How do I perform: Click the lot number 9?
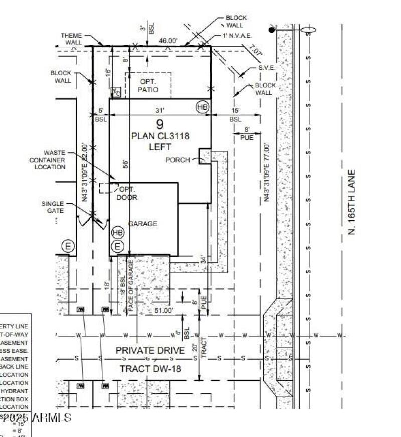(x=159, y=125)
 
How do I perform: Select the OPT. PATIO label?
(x=148, y=86)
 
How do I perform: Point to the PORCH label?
(x=178, y=160)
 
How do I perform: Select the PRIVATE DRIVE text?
(x=150, y=350)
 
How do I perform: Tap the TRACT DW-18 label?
(x=150, y=369)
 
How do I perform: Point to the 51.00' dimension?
(x=163, y=310)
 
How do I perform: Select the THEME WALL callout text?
(x=71, y=39)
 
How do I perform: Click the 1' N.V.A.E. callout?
(x=237, y=36)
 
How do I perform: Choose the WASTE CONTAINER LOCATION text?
(x=50, y=160)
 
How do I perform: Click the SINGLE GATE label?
(x=53, y=207)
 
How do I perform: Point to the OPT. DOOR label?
(x=128, y=193)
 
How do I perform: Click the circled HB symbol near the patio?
(x=202, y=107)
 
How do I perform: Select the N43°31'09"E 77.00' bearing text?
(x=267, y=173)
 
